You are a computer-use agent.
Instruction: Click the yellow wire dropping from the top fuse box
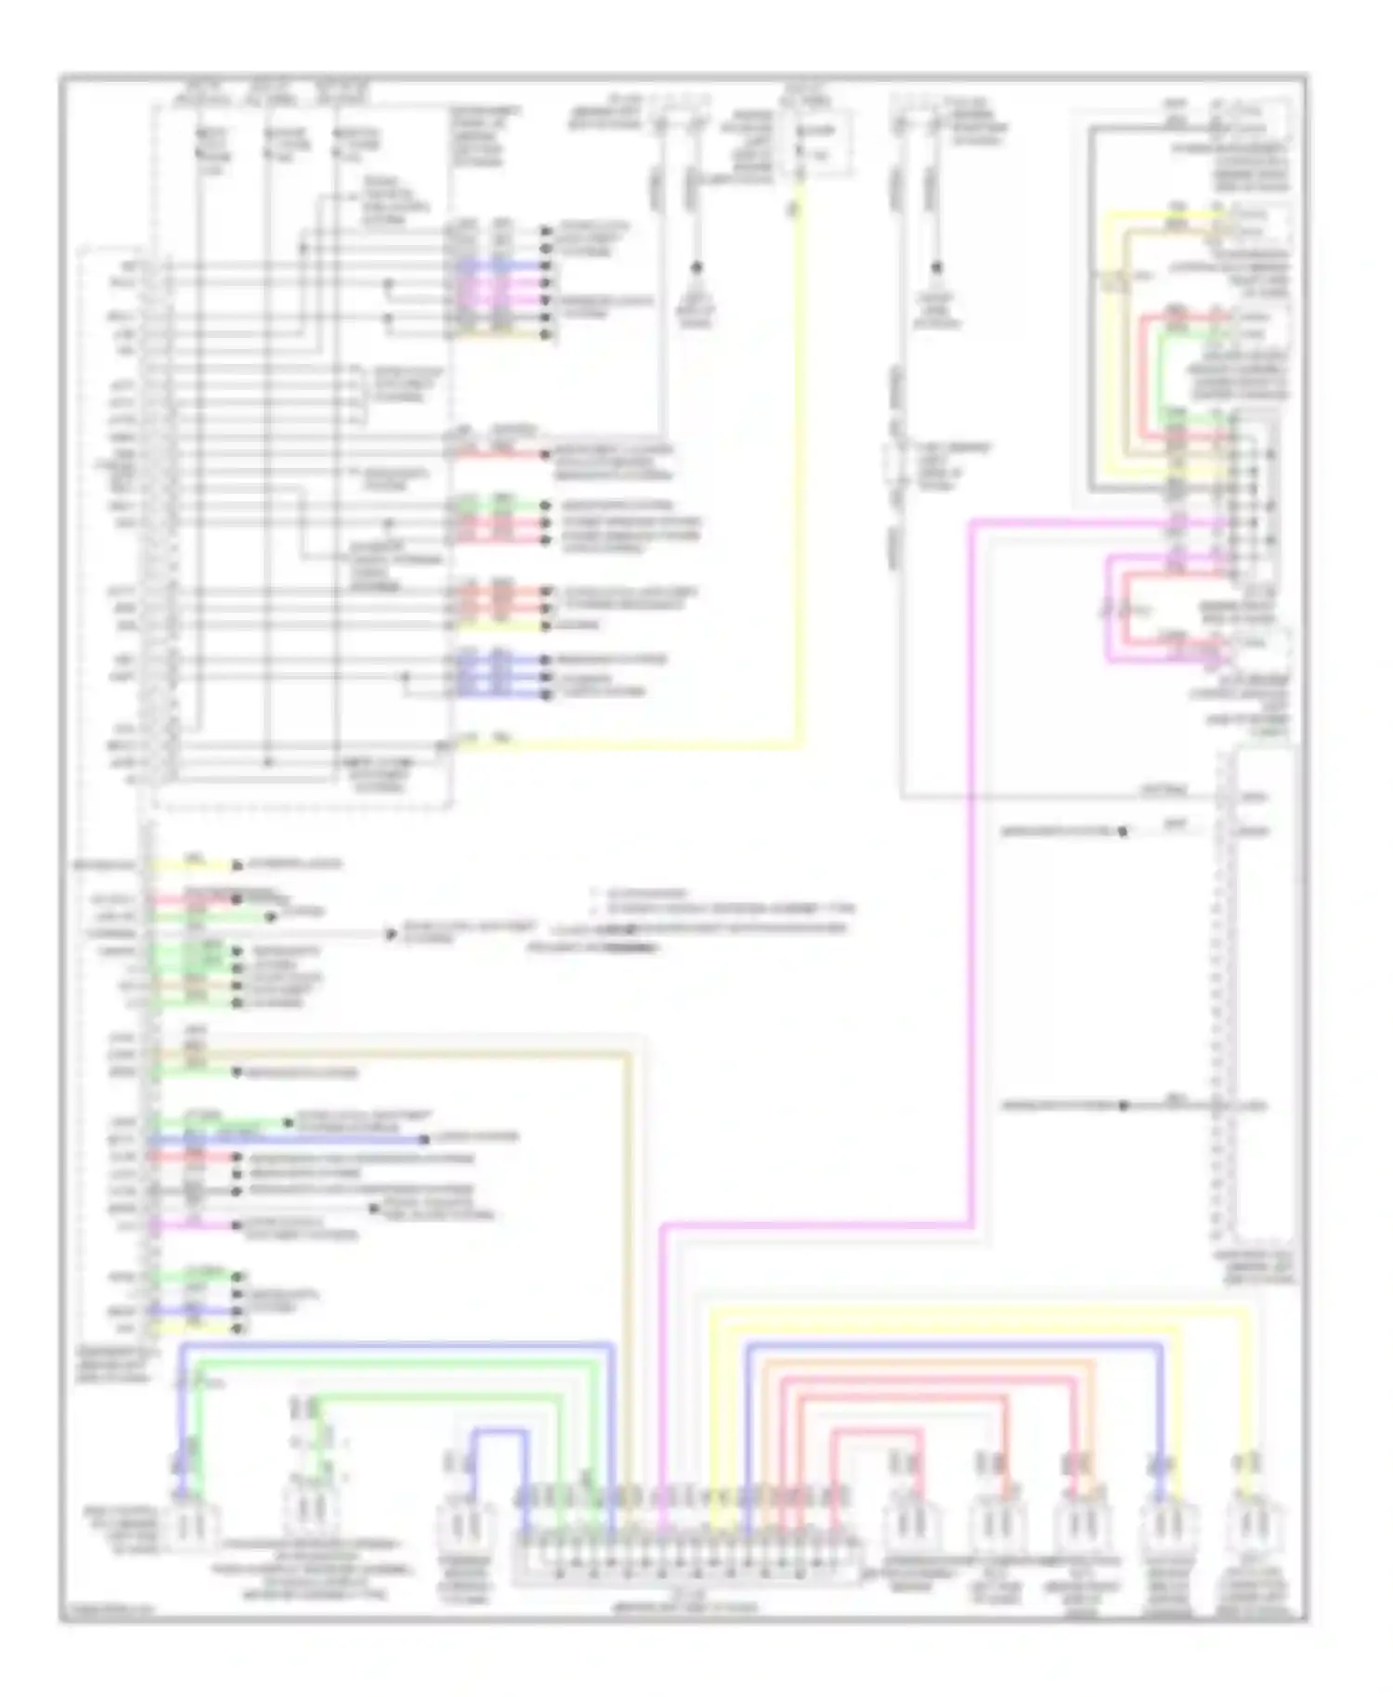pyautogui.click(x=799, y=464)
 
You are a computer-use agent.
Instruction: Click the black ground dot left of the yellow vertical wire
pyautogui.click(x=696, y=268)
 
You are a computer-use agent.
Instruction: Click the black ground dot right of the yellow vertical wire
pyautogui.click(x=936, y=268)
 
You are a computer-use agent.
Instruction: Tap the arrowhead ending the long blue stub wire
pyautogui.click(x=423, y=1138)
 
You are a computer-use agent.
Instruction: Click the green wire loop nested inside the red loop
pyautogui.click(x=1161, y=371)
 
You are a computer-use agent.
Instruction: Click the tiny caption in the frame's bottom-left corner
pyautogui.click(x=107, y=1613)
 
